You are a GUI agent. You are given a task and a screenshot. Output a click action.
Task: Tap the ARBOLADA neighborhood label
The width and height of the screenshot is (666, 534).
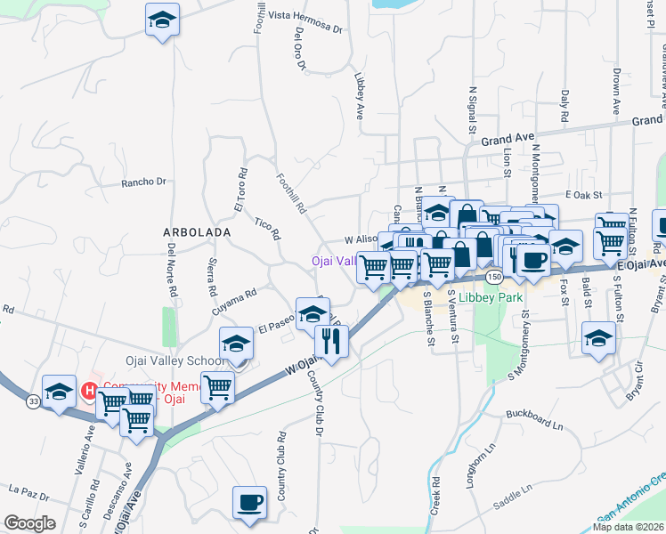click(197, 231)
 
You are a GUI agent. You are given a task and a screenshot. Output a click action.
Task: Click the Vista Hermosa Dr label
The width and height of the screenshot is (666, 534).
click(305, 15)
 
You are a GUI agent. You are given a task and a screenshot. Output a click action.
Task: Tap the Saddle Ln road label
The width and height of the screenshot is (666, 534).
click(512, 489)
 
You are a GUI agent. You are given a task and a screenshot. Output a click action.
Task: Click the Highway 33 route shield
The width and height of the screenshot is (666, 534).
click(33, 402)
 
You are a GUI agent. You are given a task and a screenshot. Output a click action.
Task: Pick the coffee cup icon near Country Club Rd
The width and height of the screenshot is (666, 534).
click(249, 502)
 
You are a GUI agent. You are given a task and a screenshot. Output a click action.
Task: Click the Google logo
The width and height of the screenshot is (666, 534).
click(29, 523)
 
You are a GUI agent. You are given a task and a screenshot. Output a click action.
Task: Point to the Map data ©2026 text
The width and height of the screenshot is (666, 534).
click(628, 527)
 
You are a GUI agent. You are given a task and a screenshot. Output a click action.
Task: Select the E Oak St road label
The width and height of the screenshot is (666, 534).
click(584, 194)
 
